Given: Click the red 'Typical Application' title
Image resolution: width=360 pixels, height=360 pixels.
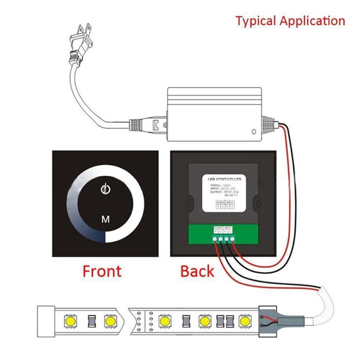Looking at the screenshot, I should pyautogui.click(x=291, y=21).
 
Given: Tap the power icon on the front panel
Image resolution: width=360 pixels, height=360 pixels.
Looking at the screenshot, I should pyautogui.click(x=105, y=189).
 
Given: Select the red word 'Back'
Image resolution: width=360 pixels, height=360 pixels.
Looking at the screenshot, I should pyautogui.click(x=197, y=271).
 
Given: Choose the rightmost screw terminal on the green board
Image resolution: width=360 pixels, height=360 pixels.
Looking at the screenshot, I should pyautogui.click(x=233, y=239).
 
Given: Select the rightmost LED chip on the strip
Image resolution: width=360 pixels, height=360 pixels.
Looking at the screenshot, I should pyautogui.click(x=244, y=321).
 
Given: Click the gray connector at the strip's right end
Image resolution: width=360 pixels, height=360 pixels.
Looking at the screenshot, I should pyautogui.click(x=270, y=321).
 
